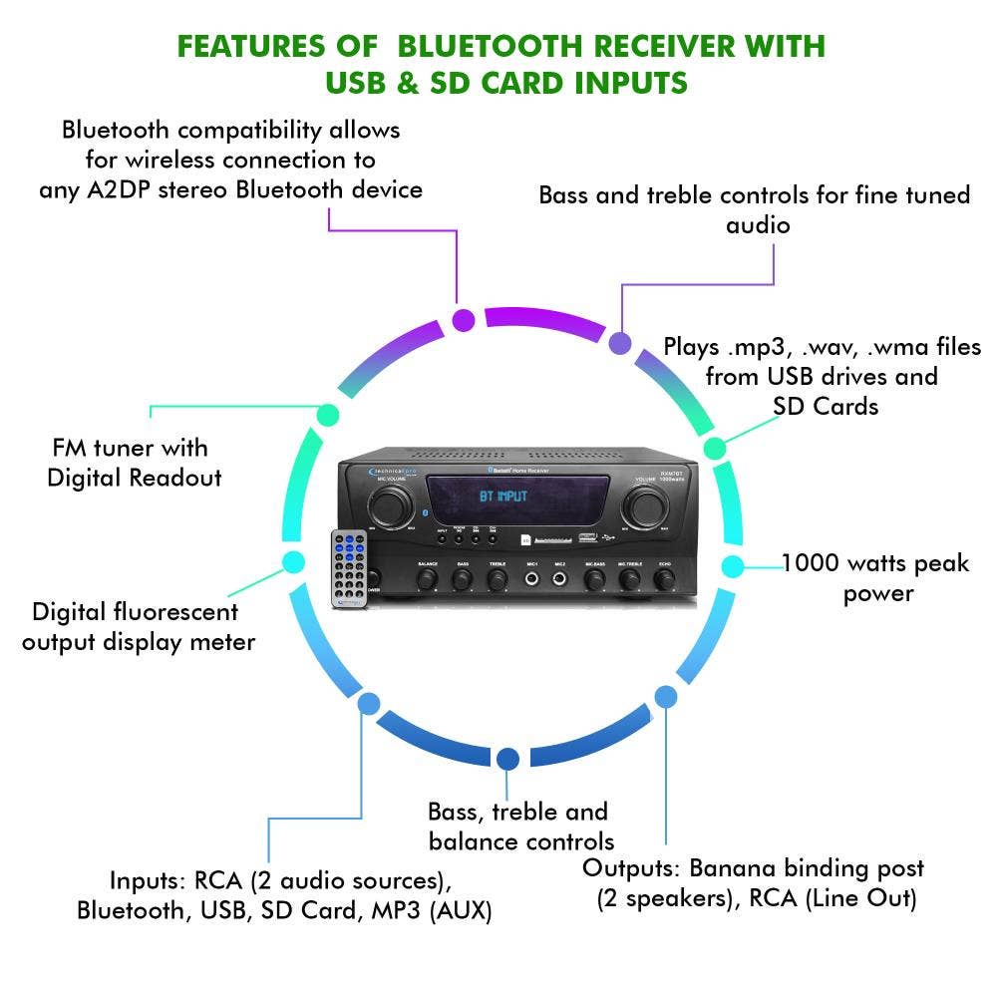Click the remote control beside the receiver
click(x=350, y=568)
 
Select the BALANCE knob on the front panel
click(x=428, y=579)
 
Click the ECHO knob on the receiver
click(x=664, y=579)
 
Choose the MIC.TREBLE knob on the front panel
click(x=628, y=579)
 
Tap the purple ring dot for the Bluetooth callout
click(x=464, y=320)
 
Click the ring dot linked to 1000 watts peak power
click(x=732, y=566)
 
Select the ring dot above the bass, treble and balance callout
click(x=507, y=760)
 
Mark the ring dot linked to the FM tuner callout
click(x=327, y=414)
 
